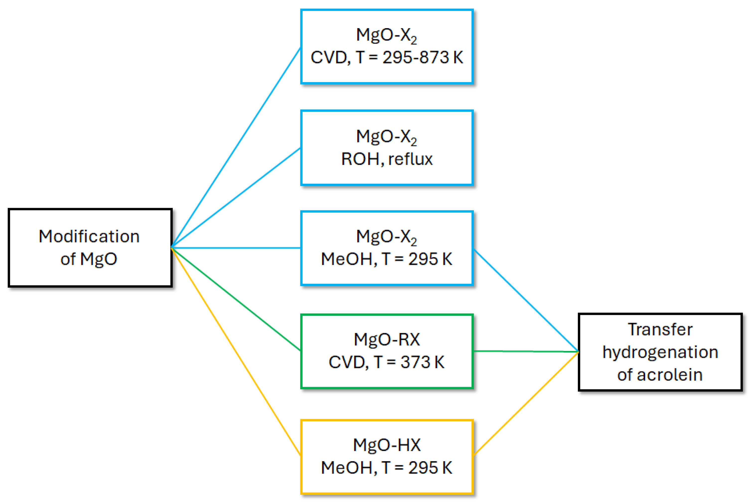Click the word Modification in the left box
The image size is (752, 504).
tap(89, 237)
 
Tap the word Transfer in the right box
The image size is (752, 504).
tap(660, 330)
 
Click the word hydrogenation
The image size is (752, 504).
tap(660, 352)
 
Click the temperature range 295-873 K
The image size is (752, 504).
tap(423, 57)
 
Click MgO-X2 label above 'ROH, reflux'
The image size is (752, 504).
tap(386, 137)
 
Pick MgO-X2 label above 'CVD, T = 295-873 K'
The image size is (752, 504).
tap(386, 35)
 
